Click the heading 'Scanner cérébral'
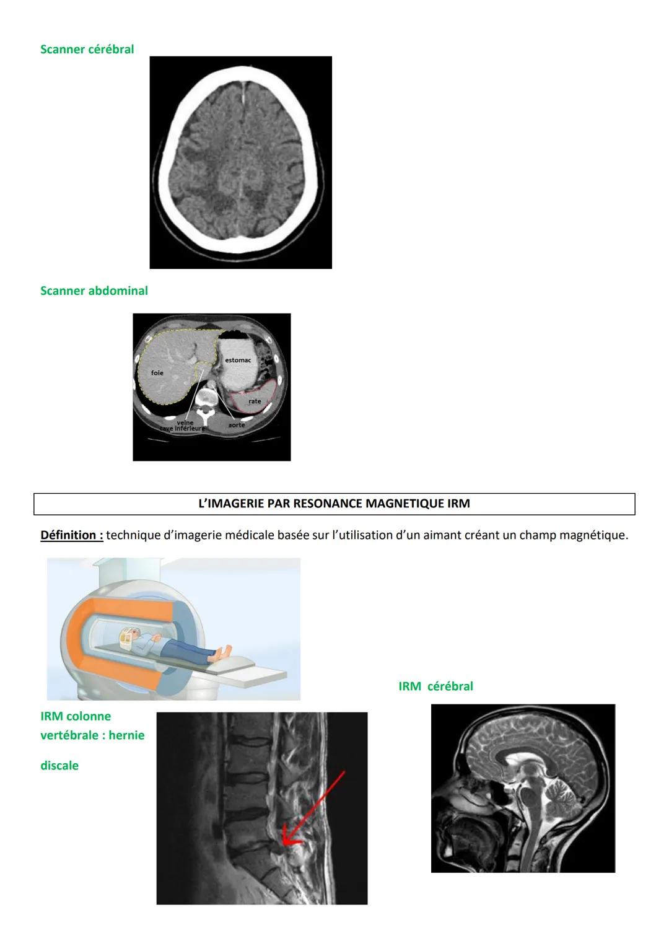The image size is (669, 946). coord(87,50)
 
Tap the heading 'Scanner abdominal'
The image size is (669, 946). coord(94,291)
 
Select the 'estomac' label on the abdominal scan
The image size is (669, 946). coord(238,360)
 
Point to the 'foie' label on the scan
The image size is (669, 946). coord(157,373)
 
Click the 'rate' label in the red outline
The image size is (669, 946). coord(255,401)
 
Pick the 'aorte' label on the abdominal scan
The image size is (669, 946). coord(236,425)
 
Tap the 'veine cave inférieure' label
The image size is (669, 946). coord(185,426)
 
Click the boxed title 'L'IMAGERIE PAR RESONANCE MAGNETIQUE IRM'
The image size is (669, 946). coord(334,504)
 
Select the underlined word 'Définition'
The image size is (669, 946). coord(71,535)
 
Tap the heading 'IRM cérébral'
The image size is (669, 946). coord(435,686)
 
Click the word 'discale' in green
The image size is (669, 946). coord(59,766)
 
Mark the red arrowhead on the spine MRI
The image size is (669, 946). coord(287,840)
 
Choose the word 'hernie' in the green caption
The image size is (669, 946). coord(126,735)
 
